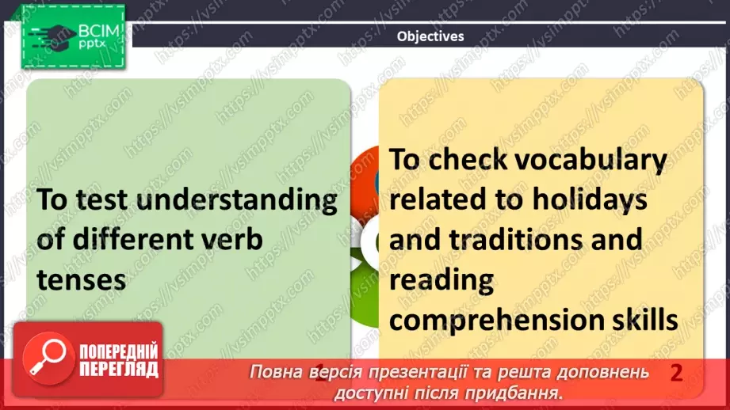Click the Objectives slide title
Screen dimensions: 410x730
(430, 36)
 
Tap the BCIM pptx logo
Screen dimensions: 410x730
(72, 36)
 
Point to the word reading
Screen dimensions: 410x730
(441, 281)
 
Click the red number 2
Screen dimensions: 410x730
(676, 373)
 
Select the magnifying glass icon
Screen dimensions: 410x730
(43, 360)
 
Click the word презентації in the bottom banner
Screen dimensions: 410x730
(431, 372)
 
